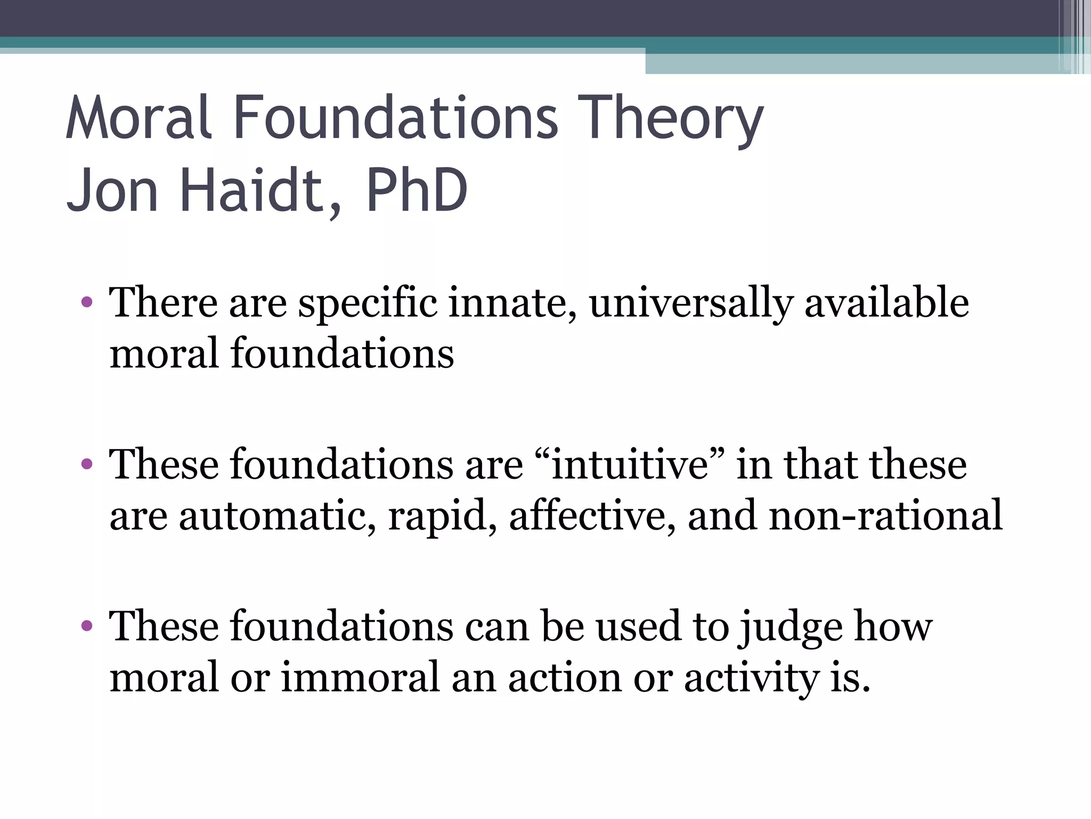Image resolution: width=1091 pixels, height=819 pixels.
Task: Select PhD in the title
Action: click(416, 190)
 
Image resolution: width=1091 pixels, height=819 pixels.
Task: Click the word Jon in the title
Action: click(112, 190)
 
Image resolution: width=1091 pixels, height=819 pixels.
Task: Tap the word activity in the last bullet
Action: click(751, 678)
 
